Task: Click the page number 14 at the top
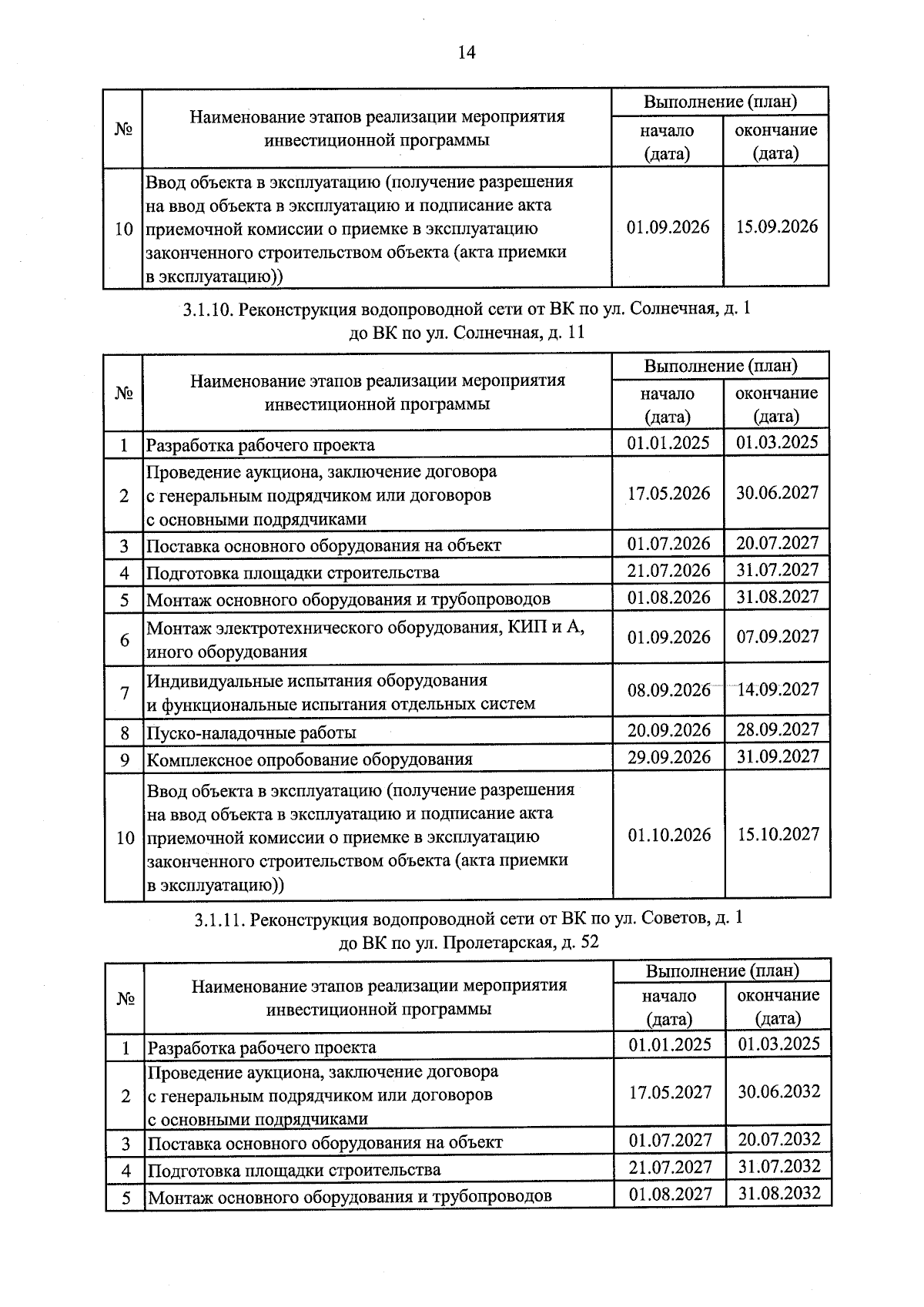pyautogui.click(x=467, y=52)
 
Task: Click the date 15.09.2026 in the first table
pyautogui.click(x=776, y=227)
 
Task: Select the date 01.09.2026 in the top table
pyautogui.click(x=668, y=227)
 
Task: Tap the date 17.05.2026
pyautogui.click(x=668, y=493)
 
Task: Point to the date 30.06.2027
pyautogui.click(x=777, y=493)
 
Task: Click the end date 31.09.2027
pyautogui.click(x=778, y=756)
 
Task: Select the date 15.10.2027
pyautogui.click(x=778, y=835)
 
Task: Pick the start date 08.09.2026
pyautogui.click(x=668, y=690)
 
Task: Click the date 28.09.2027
pyautogui.click(x=778, y=729)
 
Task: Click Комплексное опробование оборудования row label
pyautogui.click(x=309, y=759)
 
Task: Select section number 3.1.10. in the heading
pyautogui.click(x=209, y=310)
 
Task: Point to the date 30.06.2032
pyautogui.click(x=778, y=1092)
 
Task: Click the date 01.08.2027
pyautogui.click(x=670, y=1194)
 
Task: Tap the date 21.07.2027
pyautogui.click(x=670, y=1167)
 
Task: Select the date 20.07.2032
pyautogui.click(x=778, y=1140)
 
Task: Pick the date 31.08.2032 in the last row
pyautogui.click(x=778, y=1194)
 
